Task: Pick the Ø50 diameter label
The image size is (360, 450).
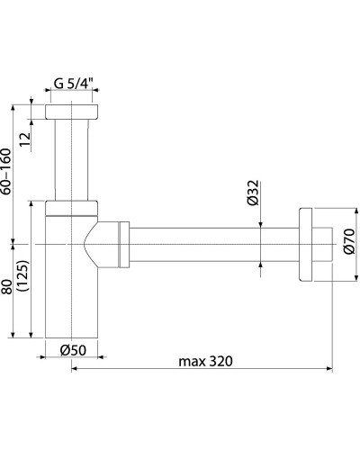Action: pyautogui.click(x=71, y=349)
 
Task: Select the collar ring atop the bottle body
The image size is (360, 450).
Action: pyautogui.click(x=71, y=209)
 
